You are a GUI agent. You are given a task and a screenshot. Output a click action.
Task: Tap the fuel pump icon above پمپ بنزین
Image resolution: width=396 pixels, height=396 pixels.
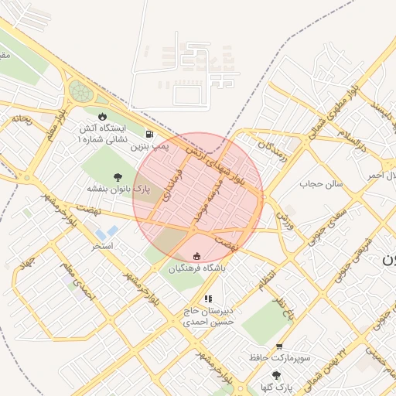click(148, 133)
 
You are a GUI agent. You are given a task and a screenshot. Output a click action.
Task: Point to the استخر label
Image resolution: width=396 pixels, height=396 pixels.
click(102, 245)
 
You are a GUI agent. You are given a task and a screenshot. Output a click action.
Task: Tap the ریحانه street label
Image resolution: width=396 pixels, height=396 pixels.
click(20, 120)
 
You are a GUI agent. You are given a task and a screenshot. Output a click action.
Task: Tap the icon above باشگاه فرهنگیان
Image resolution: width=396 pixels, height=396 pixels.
click(196, 257)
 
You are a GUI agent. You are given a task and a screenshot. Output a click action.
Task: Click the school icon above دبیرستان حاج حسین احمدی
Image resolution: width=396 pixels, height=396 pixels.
click(207, 299)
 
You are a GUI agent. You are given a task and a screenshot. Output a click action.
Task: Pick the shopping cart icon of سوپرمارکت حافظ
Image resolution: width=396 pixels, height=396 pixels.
click(278, 346)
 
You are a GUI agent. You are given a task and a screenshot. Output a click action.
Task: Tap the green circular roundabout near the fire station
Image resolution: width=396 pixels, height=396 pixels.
click(80, 92)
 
